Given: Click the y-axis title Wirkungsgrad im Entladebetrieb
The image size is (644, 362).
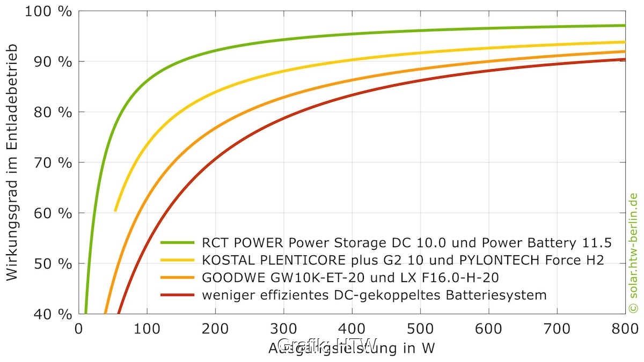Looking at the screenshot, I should [12, 162].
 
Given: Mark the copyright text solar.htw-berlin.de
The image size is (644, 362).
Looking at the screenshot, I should [633, 252].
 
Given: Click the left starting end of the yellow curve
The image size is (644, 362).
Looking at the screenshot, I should [115, 210].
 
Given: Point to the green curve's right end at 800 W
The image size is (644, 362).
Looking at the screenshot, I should [625, 25].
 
